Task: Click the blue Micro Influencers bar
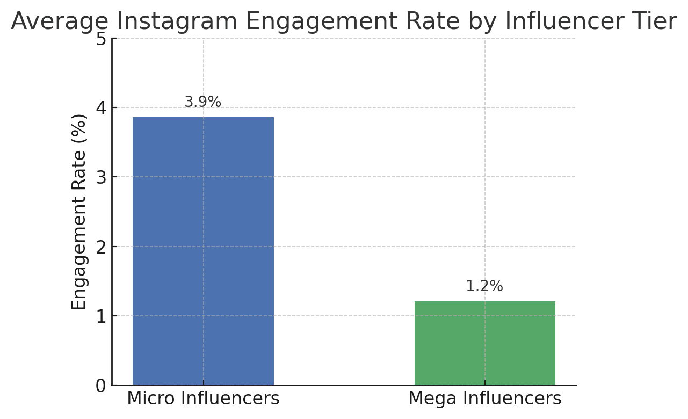(203, 251)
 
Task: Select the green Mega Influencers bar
(484, 343)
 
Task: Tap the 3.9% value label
(203, 102)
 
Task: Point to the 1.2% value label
(484, 286)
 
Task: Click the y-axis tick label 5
(101, 39)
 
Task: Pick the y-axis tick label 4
(101, 108)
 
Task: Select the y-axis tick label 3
(101, 177)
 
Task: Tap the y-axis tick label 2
(101, 247)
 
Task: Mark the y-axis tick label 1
(101, 316)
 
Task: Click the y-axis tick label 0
(101, 386)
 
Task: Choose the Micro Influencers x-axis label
(203, 399)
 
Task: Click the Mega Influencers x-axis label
(484, 399)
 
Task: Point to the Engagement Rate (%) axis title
(79, 212)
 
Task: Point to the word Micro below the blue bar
(149, 399)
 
